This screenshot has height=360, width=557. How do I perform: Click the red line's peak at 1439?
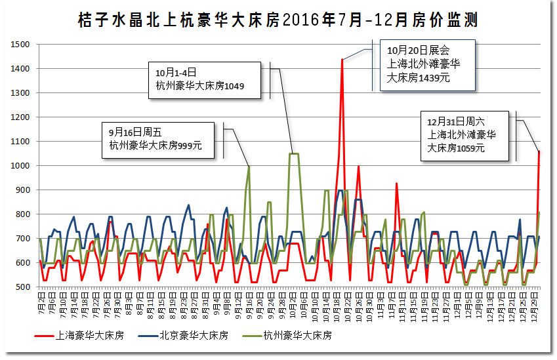(342, 60)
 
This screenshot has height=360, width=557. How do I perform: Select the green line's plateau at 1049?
(294, 154)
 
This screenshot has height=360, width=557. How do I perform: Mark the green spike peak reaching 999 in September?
(249, 167)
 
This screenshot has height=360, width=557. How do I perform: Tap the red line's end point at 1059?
(539, 151)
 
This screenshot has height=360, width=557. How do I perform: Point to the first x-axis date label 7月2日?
(41, 303)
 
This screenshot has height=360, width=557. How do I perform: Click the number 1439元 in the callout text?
(434, 77)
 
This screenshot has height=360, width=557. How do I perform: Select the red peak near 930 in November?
(396, 184)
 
